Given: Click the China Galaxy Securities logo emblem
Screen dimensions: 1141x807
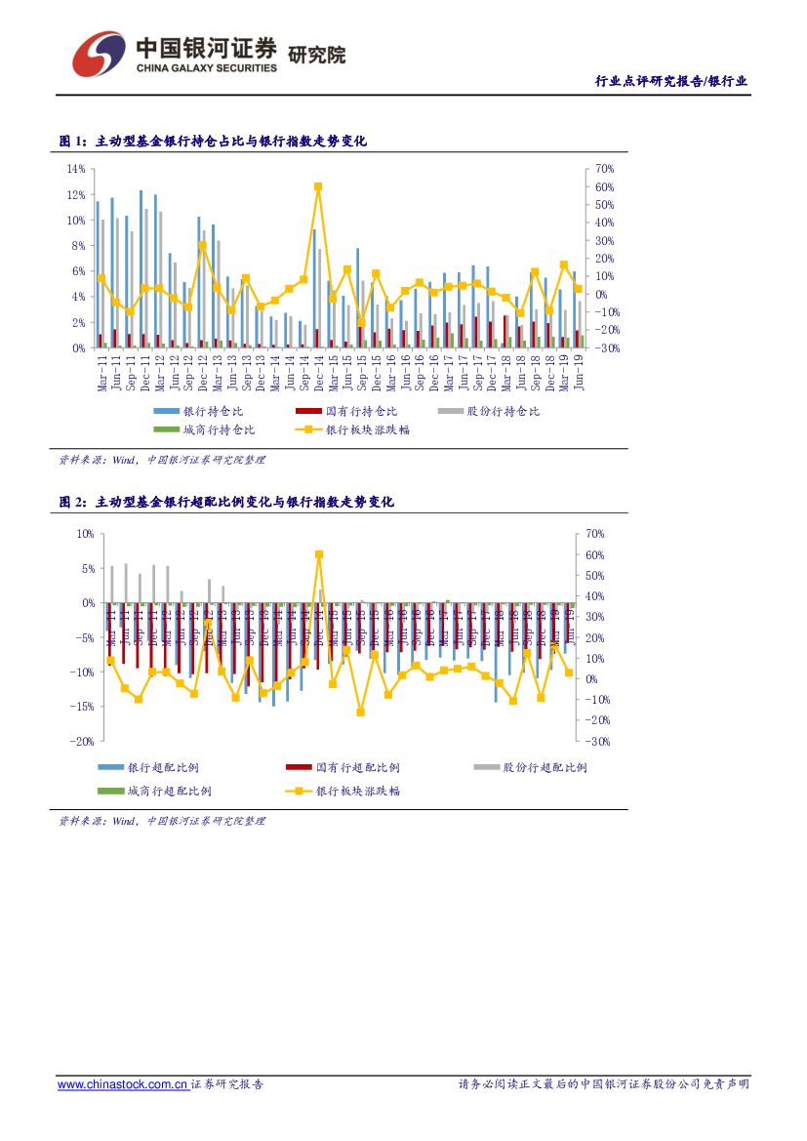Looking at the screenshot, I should (x=99, y=53).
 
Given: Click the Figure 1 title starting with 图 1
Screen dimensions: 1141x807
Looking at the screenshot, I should (x=212, y=142).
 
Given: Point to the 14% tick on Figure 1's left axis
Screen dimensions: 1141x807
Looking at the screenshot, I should (x=75, y=169).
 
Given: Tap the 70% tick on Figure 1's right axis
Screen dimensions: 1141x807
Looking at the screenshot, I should (x=603, y=169).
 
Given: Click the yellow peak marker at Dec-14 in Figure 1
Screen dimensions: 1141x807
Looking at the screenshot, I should (x=318, y=186).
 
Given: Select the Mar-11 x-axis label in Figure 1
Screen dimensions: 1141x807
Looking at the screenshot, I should (x=101, y=373).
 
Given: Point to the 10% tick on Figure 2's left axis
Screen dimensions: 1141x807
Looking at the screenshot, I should (x=84, y=534).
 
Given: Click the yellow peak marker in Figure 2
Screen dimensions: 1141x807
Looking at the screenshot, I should (x=319, y=554).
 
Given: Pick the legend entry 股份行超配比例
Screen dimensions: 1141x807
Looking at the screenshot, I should (x=545, y=768).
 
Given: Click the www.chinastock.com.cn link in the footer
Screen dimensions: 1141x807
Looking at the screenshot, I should (x=123, y=1084).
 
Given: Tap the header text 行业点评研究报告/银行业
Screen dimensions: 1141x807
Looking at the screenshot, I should (x=671, y=81).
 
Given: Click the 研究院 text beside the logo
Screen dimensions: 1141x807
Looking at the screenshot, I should (x=317, y=55).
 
